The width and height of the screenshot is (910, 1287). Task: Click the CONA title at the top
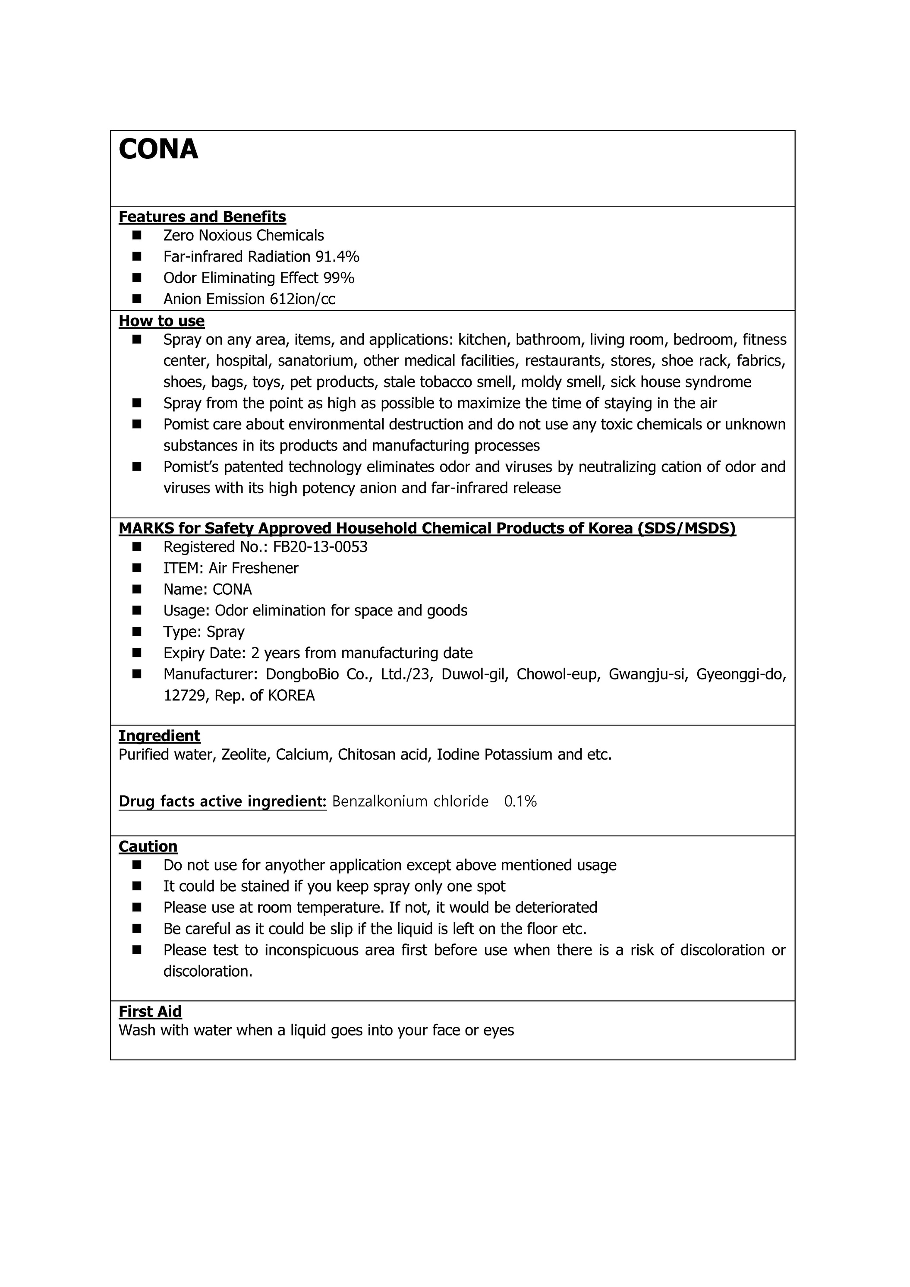coord(159,150)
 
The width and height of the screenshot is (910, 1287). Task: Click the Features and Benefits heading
coord(202,217)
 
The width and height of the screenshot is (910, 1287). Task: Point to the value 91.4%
coord(337,257)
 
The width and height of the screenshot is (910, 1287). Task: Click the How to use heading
coord(161,321)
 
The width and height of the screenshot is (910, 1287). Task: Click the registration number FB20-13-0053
coord(320,547)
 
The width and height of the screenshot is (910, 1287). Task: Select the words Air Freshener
coord(254,568)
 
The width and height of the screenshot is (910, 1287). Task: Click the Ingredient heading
coord(159,736)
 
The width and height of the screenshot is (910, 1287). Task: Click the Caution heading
coord(148,846)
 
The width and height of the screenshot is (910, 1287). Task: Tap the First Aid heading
coord(150,1012)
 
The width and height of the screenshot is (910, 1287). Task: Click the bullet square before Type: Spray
coord(137,632)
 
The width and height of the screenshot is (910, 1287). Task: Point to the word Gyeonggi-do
coord(741,674)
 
